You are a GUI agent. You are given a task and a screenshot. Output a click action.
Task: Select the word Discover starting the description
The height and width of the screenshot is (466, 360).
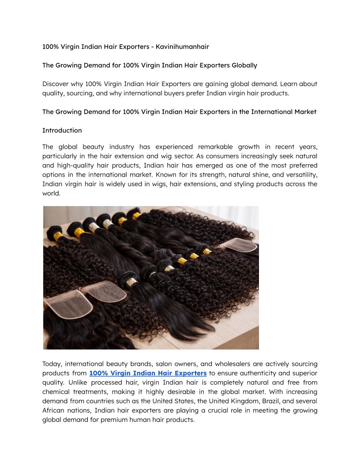56,84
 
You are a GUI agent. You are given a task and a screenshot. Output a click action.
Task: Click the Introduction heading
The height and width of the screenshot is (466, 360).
62,130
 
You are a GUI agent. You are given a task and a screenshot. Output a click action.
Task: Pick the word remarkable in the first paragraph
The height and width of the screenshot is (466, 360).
219,147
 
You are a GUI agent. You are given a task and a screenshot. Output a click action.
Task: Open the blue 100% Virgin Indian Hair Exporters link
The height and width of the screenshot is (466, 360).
148,373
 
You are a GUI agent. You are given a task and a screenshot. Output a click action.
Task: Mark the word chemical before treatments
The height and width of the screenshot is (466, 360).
57,392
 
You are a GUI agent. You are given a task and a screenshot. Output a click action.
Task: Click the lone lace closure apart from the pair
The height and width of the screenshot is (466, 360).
238,245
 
